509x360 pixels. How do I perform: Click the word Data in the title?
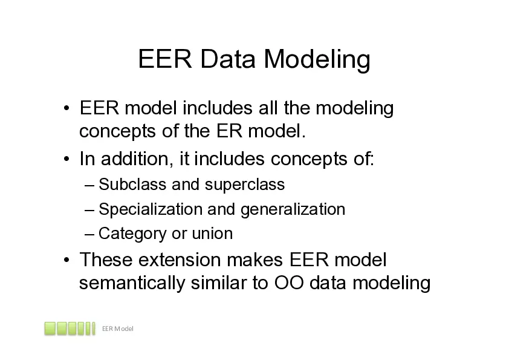[x=228, y=59]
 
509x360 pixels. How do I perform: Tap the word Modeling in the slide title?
[x=317, y=60]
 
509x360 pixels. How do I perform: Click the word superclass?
[x=245, y=186]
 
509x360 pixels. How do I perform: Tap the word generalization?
[x=293, y=210]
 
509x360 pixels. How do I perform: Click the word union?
[x=212, y=234]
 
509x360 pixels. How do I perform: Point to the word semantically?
[x=132, y=284]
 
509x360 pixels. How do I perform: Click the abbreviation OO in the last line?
[x=289, y=283]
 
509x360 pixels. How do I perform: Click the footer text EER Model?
[x=118, y=329]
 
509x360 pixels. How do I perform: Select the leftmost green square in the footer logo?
[x=50, y=329]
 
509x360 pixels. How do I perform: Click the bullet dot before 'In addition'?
[x=66, y=159]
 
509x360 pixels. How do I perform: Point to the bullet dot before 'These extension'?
[x=66, y=260]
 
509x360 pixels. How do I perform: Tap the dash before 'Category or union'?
[x=89, y=234]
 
